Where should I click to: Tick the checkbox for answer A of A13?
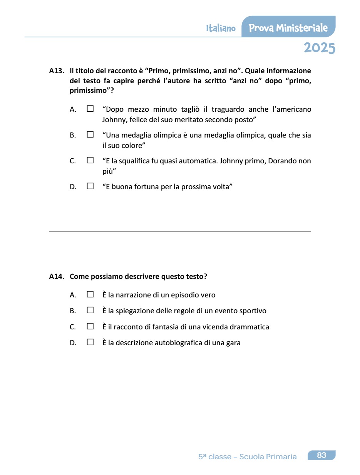(90, 109)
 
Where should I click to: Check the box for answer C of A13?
(90, 160)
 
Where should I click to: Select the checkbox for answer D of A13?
(90, 186)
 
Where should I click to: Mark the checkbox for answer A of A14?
(90, 294)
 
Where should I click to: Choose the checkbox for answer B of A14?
(90, 310)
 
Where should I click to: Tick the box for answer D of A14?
(90, 342)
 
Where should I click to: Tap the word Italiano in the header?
(221, 29)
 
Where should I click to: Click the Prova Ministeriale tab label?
(288, 28)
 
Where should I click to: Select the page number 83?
(321, 455)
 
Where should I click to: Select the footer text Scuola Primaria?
(268, 457)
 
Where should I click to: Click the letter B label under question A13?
(72, 135)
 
